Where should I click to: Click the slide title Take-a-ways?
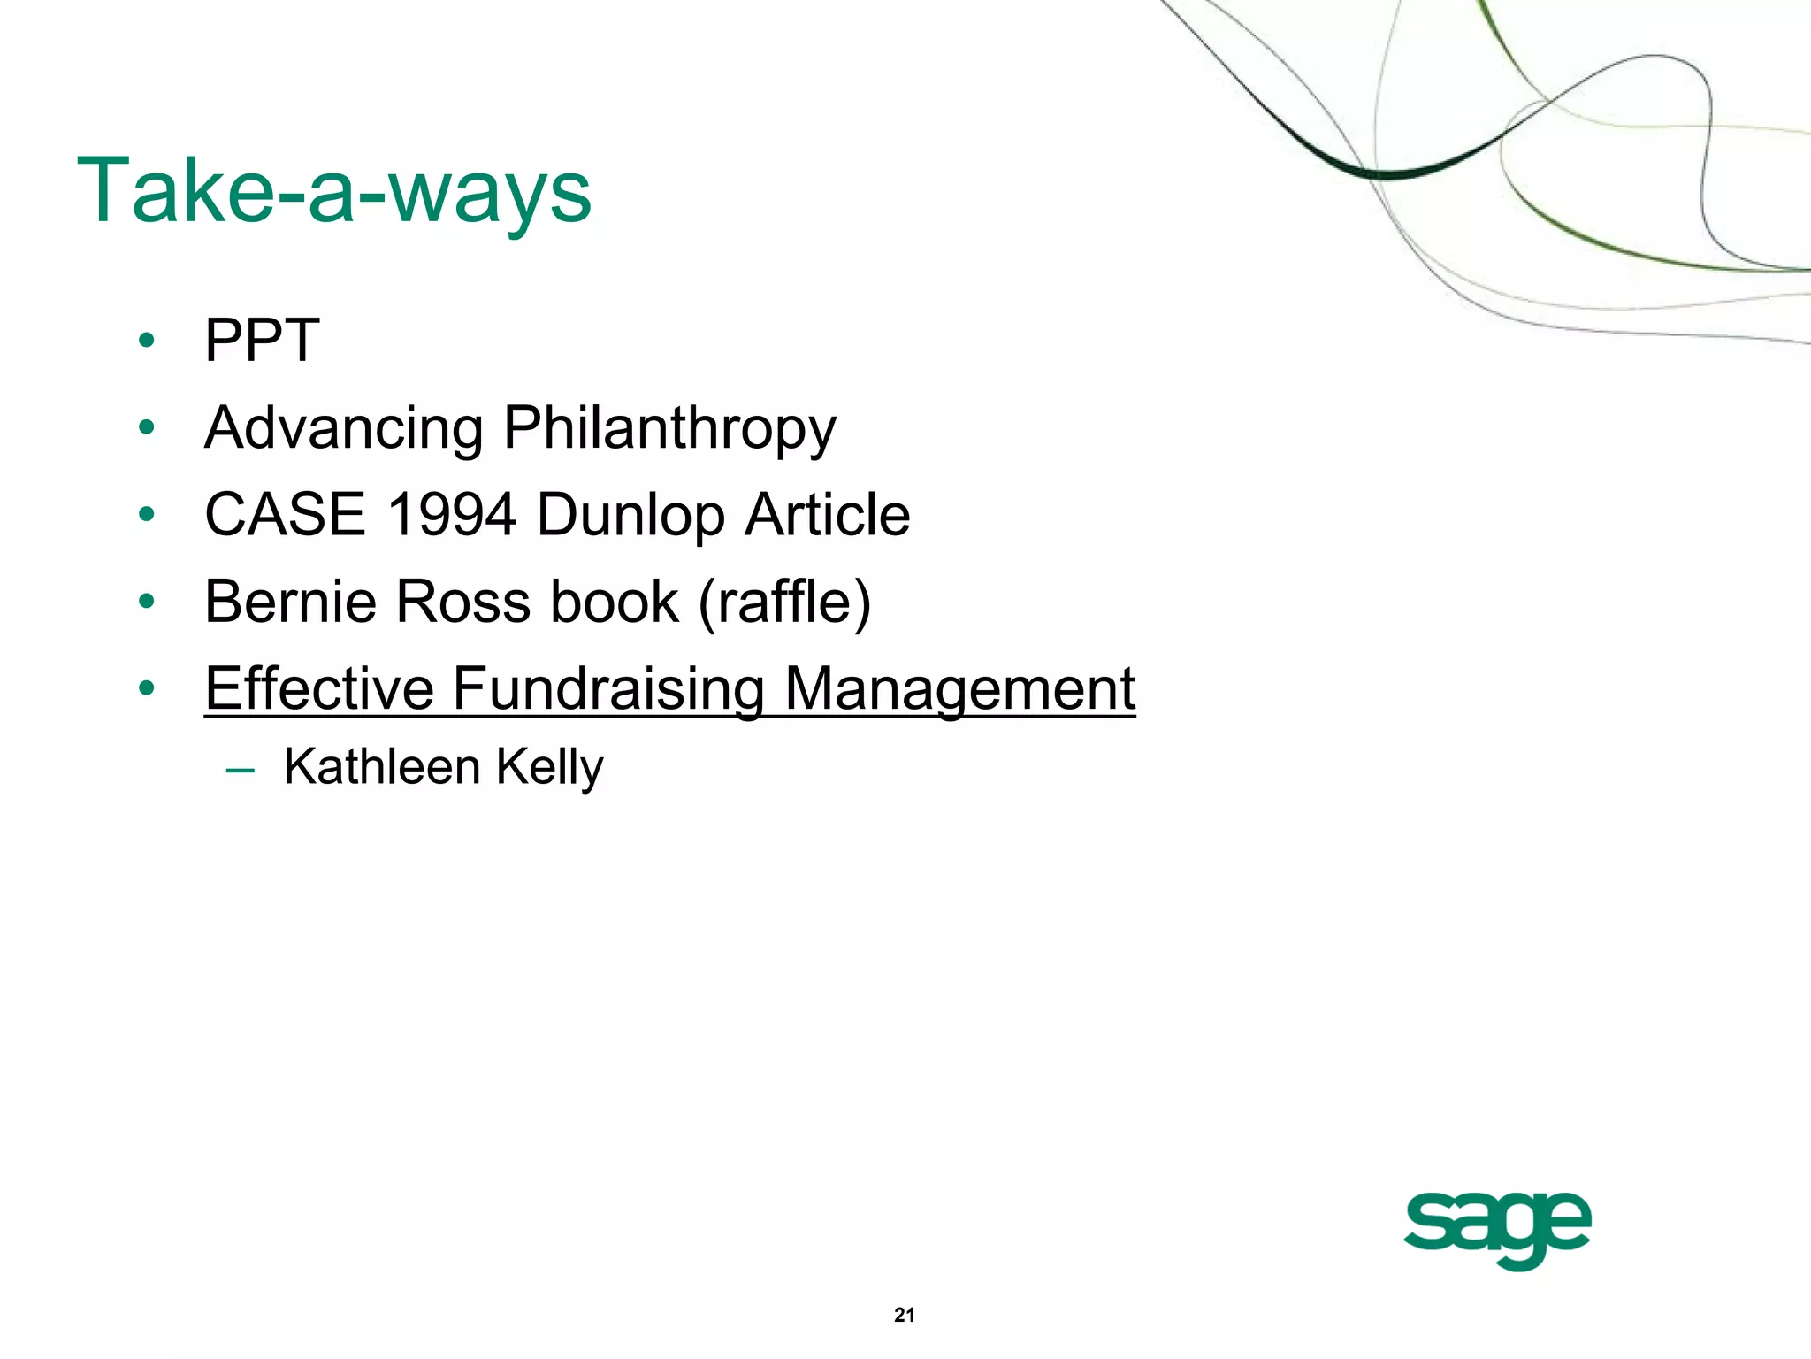pos(334,191)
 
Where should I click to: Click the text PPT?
pos(262,341)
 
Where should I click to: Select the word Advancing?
pos(343,428)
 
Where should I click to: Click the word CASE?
pos(285,515)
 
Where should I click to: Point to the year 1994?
pos(451,515)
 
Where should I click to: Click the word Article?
pos(827,515)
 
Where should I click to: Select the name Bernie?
pos(291,602)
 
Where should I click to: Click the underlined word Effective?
pos(319,688)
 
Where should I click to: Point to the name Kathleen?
pos(381,766)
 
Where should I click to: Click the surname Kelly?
pos(549,768)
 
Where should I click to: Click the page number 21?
pos(905,1315)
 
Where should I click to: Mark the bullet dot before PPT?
pos(147,341)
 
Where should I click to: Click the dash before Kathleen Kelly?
pos(240,769)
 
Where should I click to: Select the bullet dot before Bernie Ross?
pos(147,602)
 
